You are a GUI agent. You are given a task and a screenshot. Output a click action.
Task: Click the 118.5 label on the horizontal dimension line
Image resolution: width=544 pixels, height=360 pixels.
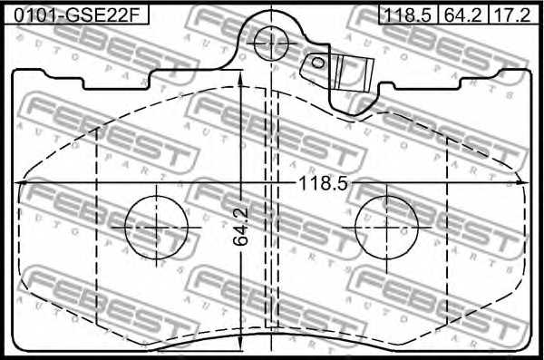coord(323,184)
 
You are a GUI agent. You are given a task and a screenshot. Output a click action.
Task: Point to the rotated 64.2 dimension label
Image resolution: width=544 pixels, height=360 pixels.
coord(240,227)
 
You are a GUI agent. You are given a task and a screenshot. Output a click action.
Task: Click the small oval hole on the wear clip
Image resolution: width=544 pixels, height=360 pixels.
coord(319,62)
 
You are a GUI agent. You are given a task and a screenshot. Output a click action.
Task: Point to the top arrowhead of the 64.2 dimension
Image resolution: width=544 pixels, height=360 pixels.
coord(239,80)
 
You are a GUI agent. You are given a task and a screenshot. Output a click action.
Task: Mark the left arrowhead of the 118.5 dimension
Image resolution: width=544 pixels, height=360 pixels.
coord(20,184)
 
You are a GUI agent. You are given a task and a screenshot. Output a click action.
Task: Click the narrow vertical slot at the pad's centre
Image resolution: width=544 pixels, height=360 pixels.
coord(269,209)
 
